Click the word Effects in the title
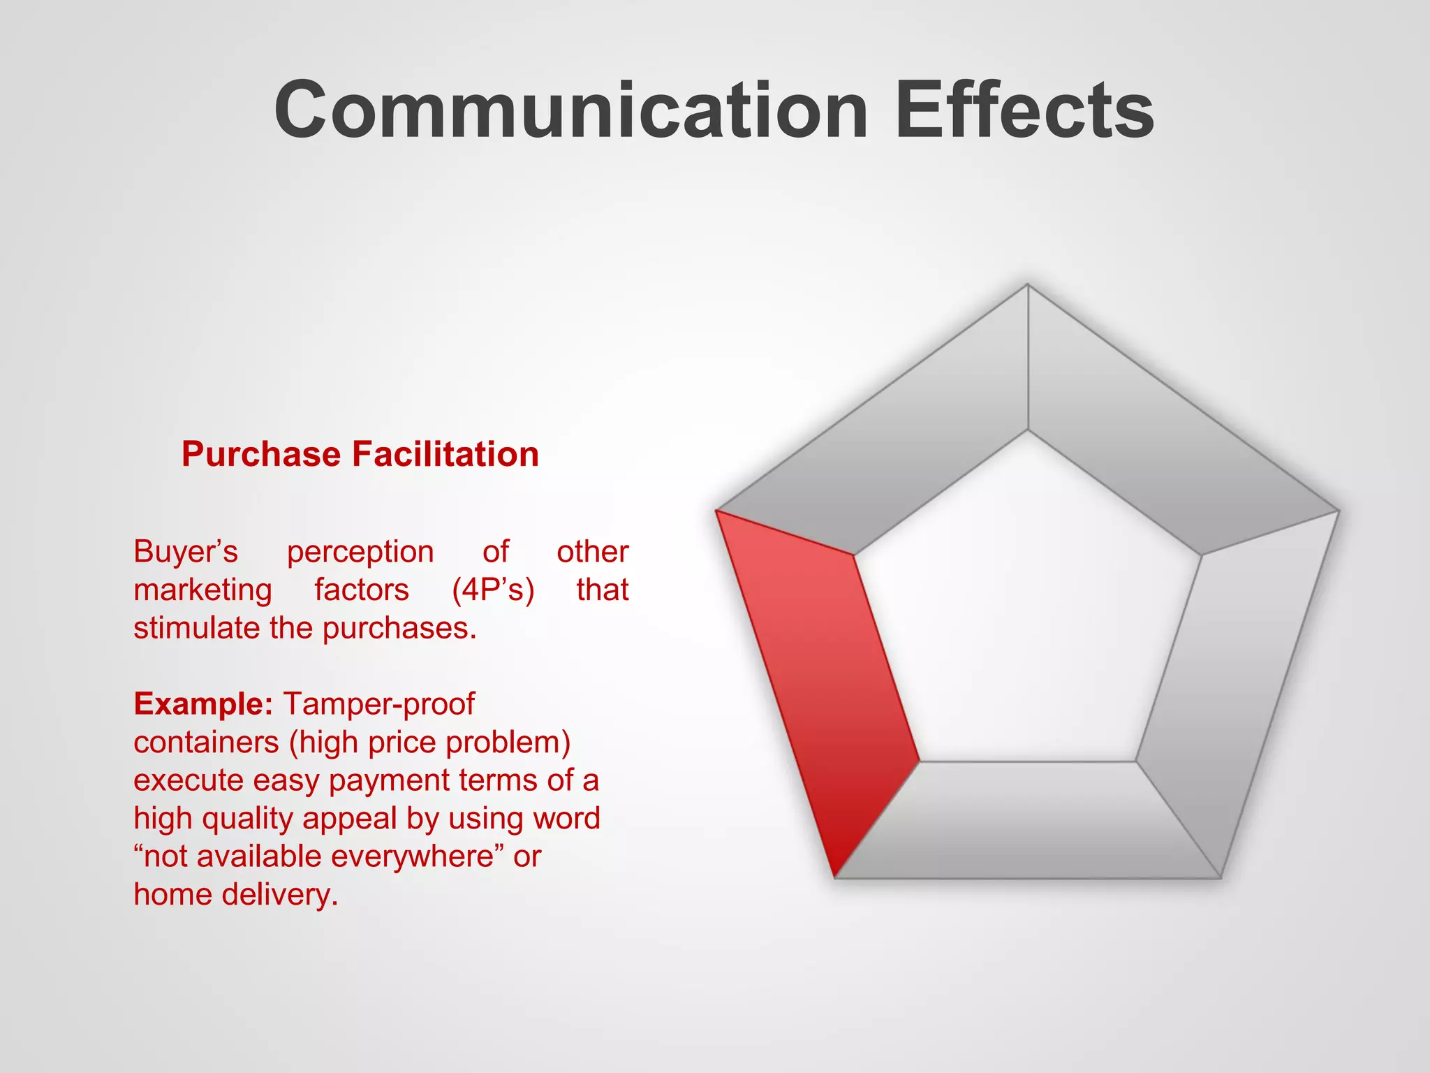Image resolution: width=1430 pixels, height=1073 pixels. [x=1024, y=110]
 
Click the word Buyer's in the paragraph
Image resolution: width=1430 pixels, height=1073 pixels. [x=186, y=552]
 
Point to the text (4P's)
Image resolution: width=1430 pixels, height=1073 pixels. [x=493, y=590]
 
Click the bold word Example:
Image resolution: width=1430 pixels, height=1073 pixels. [x=203, y=703]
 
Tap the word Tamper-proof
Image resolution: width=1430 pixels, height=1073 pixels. [x=379, y=703]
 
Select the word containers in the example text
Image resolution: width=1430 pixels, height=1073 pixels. [x=206, y=742]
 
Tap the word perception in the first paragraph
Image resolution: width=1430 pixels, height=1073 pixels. [x=360, y=552]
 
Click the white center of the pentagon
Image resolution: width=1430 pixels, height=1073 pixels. [x=1027, y=615]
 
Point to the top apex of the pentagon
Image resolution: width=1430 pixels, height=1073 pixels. [x=1028, y=286]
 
